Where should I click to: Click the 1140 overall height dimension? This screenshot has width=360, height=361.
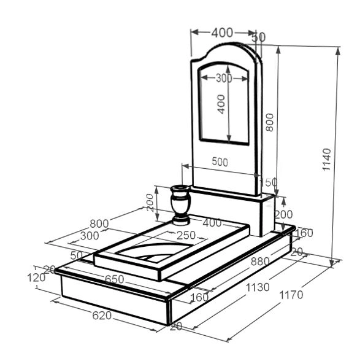[326, 160]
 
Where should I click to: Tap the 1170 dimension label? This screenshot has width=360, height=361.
[291, 295]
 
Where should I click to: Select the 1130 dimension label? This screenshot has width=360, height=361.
[258, 287]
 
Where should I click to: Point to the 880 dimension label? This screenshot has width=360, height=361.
[260, 262]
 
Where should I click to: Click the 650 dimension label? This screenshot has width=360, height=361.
[114, 279]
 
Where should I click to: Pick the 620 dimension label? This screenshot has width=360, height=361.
[102, 316]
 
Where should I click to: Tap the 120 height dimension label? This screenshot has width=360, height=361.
[36, 278]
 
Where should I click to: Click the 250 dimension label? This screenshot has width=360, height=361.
[186, 235]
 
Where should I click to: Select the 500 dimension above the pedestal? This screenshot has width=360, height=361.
[220, 162]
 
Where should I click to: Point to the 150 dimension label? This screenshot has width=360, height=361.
[268, 182]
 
